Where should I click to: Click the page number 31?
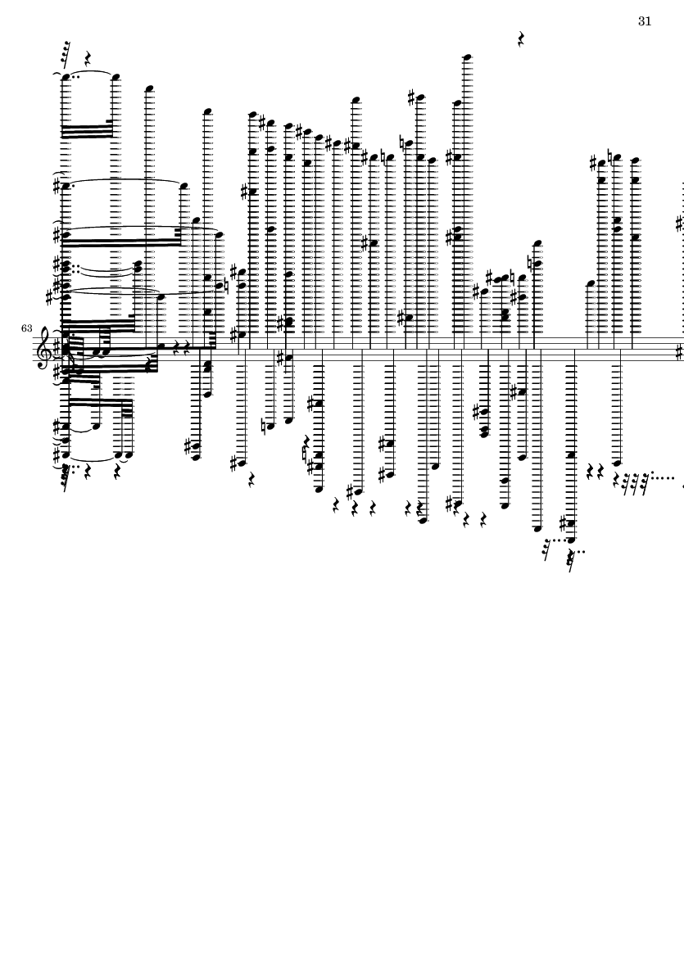645,21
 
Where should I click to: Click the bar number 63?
27,328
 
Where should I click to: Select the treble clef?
43,348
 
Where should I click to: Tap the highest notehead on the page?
467,57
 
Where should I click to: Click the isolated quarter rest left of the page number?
522,38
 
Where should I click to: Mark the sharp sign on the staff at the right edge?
680,353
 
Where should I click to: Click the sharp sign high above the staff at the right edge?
679,223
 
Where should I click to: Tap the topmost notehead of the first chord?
66,78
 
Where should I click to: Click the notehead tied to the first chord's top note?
116,78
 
